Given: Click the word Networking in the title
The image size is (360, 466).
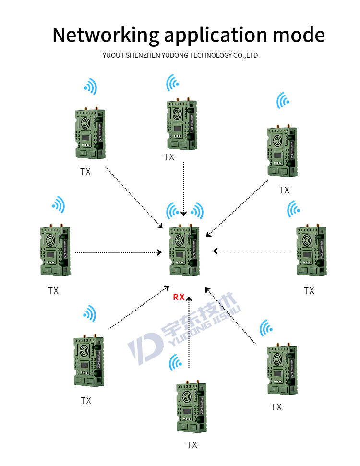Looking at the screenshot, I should pyautogui.click(x=105, y=35).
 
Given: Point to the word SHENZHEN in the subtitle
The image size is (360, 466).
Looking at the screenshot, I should pyautogui.click(x=144, y=55).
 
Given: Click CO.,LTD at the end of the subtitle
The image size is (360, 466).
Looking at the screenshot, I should pyautogui.click(x=245, y=55).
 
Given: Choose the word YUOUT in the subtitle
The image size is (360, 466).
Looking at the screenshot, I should pyautogui.click(x=113, y=55).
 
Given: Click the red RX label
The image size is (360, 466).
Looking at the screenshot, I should pyautogui.click(x=179, y=297).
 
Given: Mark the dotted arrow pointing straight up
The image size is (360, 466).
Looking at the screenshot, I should pyautogui.click(x=189, y=331).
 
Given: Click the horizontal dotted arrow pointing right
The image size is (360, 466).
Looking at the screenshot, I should pyautogui.click(x=118, y=251).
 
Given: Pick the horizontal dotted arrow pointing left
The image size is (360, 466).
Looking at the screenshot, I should pyautogui.click(x=252, y=251).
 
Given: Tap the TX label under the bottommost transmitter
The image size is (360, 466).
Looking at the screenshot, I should pyautogui.click(x=192, y=445).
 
